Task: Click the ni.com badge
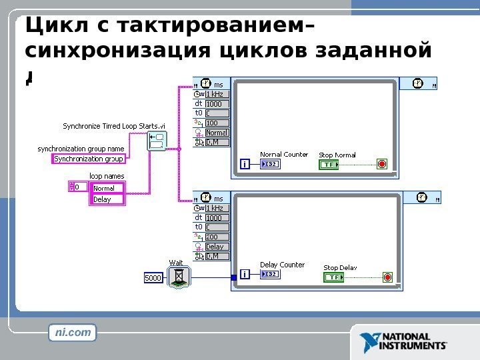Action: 73,331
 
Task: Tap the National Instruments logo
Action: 403,342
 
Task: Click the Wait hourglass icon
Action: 177,277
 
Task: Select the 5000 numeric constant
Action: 154,277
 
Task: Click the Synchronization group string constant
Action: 89,159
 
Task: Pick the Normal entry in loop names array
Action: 107,189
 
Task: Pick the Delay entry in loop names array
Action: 107,199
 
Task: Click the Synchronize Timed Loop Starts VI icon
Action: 158,142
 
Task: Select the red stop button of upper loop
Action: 382,164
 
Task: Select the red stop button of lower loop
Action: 387,277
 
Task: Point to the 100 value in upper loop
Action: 217,123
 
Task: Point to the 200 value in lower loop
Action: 217,237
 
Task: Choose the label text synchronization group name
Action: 80,149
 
